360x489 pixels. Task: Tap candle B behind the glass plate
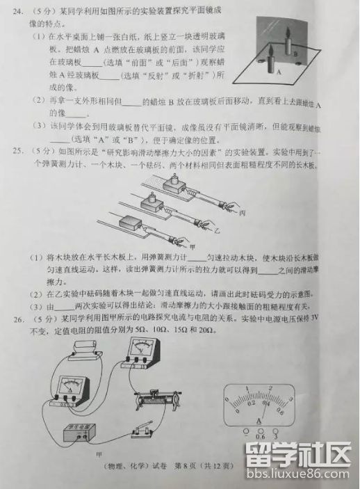click(x=285, y=43)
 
